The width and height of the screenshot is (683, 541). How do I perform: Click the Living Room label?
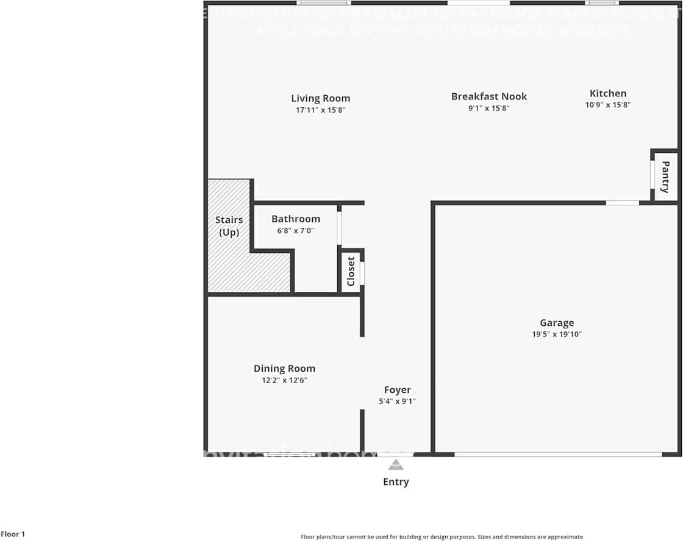320,98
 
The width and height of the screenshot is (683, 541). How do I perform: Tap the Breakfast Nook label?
488,96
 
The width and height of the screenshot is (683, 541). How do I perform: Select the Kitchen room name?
607,93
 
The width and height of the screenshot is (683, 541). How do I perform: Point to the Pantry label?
665,176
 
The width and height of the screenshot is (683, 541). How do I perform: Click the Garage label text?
556,323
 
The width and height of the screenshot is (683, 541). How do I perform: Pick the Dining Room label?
284,368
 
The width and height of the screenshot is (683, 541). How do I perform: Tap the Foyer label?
397,390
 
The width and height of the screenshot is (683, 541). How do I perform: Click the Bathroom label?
295,219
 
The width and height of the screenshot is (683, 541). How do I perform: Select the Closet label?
351,271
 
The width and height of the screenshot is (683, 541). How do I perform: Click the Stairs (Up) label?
229,225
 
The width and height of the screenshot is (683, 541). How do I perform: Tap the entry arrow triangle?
396,465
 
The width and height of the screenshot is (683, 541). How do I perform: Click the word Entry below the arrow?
396,482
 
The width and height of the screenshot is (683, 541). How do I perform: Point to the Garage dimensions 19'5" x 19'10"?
556,334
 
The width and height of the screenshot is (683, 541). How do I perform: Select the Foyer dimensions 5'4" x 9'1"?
397,401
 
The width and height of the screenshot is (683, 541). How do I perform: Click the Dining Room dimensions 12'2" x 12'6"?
284,380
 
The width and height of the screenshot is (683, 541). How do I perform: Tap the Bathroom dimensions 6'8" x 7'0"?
295,231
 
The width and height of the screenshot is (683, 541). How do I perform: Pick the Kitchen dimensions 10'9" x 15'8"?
607,105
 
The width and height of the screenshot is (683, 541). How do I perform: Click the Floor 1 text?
13,534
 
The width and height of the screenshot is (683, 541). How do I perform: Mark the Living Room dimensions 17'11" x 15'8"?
320,110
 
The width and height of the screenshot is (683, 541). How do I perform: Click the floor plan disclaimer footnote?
442,537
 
